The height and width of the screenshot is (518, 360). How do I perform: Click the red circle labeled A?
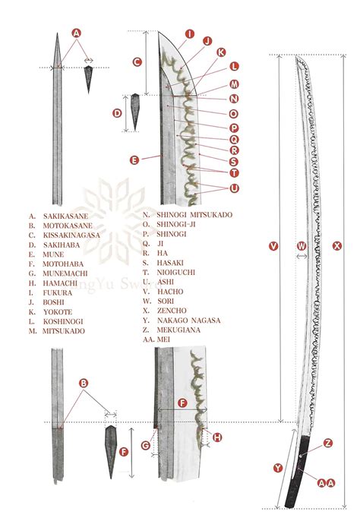click(76, 33)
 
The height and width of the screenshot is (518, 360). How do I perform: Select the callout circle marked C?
click(137, 62)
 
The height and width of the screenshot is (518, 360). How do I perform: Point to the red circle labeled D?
click(118, 113)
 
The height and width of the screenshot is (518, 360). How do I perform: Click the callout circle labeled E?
click(134, 160)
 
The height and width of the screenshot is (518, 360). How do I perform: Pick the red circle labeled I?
click(189, 34)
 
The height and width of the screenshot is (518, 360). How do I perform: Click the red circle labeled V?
click(274, 245)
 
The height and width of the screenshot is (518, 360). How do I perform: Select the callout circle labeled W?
click(302, 245)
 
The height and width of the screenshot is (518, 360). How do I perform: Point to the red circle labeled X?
click(337, 245)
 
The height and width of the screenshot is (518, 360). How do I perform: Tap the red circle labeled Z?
click(328, 443)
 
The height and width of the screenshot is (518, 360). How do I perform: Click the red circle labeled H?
click(218, 437)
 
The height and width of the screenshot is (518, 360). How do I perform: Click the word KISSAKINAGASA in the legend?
click(72, 235)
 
